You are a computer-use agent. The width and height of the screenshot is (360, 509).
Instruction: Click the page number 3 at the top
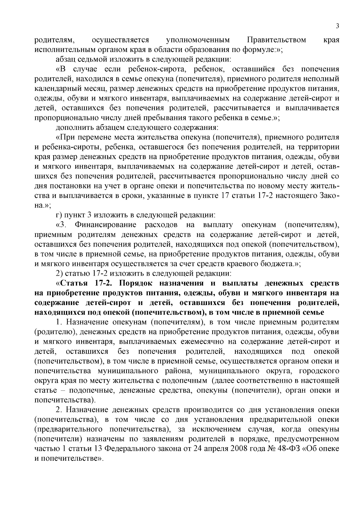(337, 26)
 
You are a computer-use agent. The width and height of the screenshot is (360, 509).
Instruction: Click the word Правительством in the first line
(277, 40)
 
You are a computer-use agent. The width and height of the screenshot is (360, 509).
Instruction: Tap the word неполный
(324, 79)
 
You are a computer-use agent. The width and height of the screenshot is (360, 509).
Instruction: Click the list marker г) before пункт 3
(59, 215)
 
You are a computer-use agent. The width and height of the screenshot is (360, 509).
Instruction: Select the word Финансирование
(106, 225)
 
